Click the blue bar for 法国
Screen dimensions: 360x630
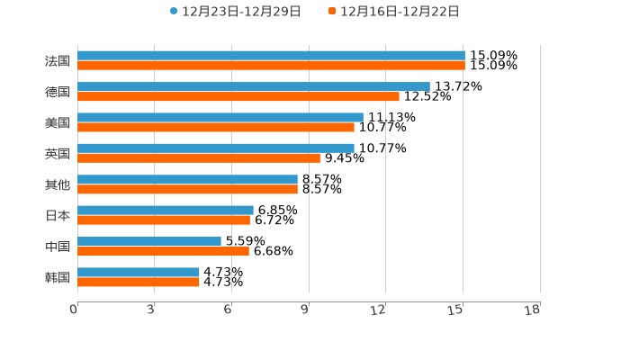[x=270, y=56]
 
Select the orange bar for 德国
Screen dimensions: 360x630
[x=238, y=96]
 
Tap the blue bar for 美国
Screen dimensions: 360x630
[x=220, y=117]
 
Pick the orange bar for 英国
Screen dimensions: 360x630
[x=198, y=157]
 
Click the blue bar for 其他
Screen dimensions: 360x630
[x=187, y=179]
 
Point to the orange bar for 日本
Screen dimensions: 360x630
[x=163, y=220]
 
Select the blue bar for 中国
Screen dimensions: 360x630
[x=148, y=241]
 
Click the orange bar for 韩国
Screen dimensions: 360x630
[x=138, y=282]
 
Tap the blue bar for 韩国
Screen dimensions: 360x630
[x=138, y=272]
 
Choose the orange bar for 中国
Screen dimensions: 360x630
[x=163, y=251]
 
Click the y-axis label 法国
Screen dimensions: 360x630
[x=58, y=61]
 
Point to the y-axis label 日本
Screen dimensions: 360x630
[x=58, y=216]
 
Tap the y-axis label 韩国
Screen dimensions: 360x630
[x=58, y=277]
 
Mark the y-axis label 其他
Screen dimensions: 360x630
[x=58, y=184]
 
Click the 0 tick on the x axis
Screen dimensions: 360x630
[x=74, y=310]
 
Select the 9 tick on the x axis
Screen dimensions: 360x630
[x=305, y=310]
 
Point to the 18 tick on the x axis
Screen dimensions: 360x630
[x=533, y=310]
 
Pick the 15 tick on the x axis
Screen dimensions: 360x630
[x=456, y=310]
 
